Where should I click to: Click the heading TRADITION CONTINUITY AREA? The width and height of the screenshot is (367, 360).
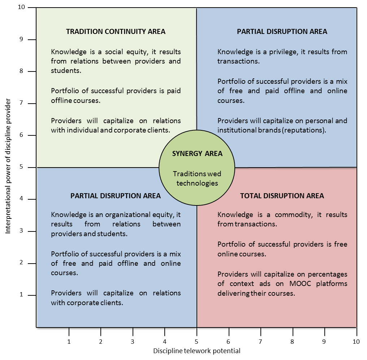pyautogui.click(x=116, y=31)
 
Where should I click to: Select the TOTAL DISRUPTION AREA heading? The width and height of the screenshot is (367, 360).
pyautogui.click(x=282, y=196)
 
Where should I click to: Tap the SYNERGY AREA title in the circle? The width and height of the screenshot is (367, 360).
pyautogui.click(x=197, y=153)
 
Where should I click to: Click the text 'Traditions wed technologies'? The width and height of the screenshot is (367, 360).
pyautogui.click(x=197, y=178)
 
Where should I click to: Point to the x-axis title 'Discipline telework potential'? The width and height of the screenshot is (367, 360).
pyautogui.click(x=197, y=351)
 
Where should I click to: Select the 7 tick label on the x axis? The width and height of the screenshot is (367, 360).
pyautogui.click(x=260, y=341)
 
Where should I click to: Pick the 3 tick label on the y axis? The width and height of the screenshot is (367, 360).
pyautogui.click(x=22, y=231)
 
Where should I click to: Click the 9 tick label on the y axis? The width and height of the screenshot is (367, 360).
pyautogui.click(x=22, y=39)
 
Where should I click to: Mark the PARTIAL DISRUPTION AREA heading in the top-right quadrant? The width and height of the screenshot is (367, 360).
pyautogui.click(x=282, y=31)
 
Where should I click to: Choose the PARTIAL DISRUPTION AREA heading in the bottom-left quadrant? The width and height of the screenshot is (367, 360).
pyautogui.click(x=116, y=196)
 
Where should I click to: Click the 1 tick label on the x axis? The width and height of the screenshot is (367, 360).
pyautogui.click(x=69, y=341)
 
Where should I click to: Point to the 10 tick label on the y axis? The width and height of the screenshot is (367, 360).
pyautogui.click(x=21, y=8)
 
